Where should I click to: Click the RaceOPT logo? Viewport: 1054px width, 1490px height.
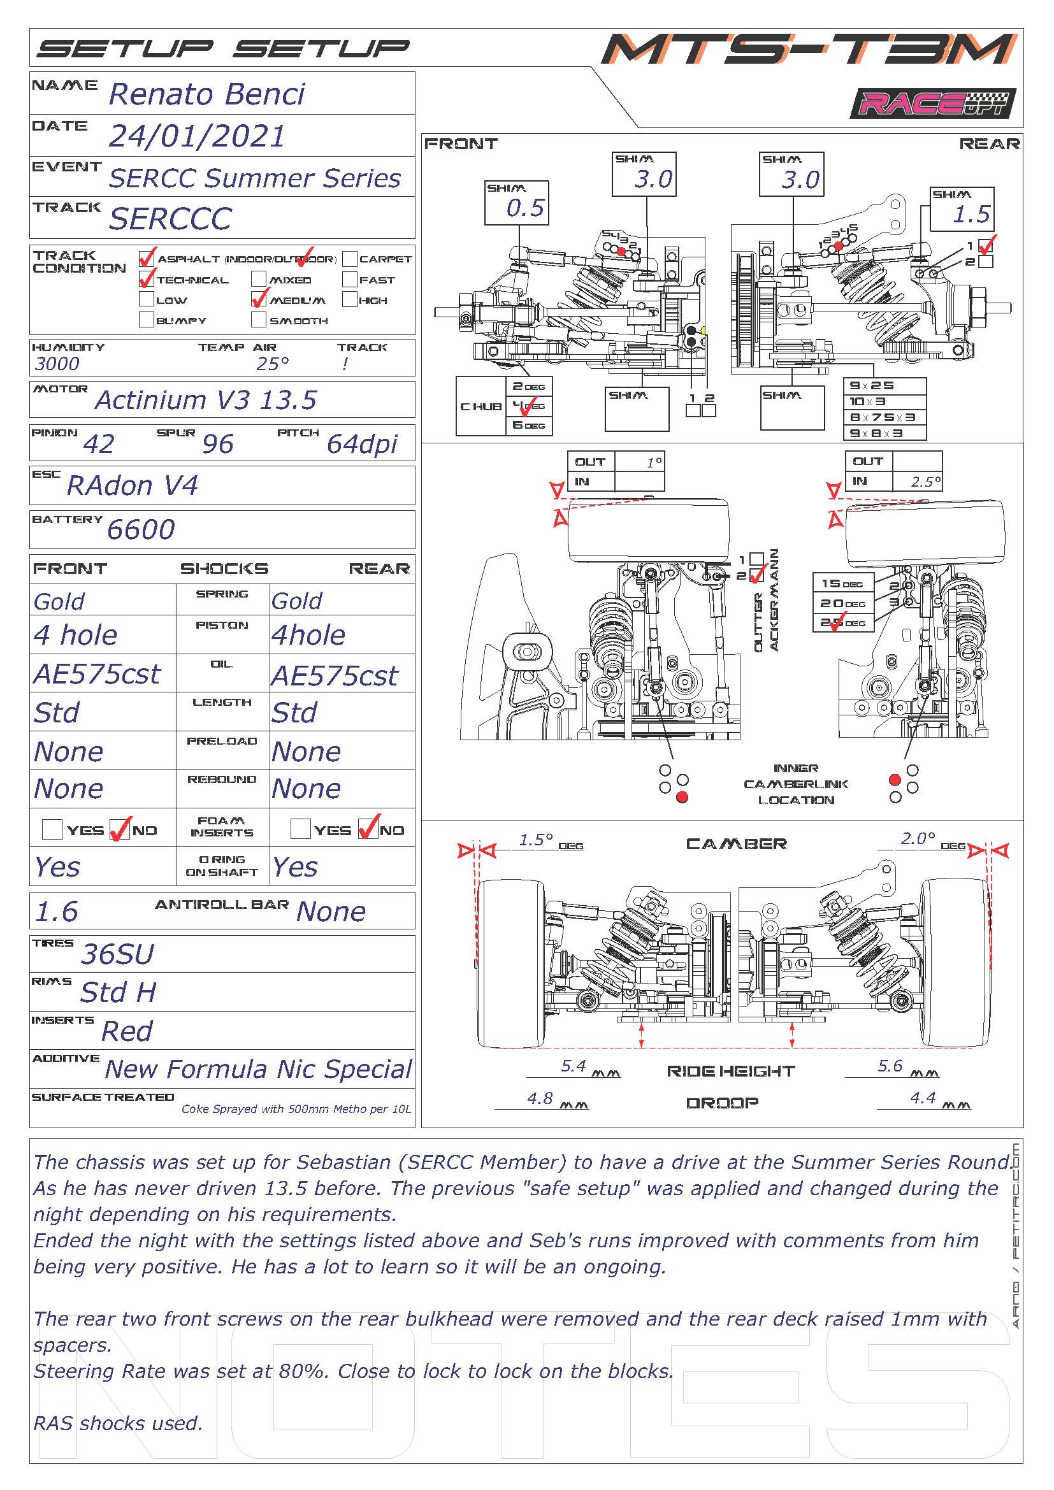tap(932, 104)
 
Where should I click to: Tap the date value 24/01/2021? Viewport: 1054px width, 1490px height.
tap(197, 136)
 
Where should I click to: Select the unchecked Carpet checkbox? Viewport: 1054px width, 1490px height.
tap(350, 259)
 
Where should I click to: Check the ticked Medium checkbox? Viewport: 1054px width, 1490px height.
tap(259, 299)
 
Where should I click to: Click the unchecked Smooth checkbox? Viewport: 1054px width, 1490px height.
tap(259, 320)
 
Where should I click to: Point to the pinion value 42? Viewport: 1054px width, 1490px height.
tap(99, 444)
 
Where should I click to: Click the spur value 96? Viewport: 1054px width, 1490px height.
tap(217, 444)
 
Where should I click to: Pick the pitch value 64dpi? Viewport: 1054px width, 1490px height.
tap(361, 444)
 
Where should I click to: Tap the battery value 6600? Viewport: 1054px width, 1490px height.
tap(141, 529)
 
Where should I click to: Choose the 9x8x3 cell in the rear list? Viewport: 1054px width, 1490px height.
tap(884, 433)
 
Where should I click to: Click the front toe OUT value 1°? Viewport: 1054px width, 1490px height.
tap(654, 462)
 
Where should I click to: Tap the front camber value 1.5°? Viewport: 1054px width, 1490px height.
tap(536, 840)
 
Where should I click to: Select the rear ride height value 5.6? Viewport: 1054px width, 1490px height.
tap(890, 1066)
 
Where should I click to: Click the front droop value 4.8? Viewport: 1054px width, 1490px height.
tap(540, 1098)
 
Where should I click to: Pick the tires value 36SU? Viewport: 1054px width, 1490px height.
tap(117, 954)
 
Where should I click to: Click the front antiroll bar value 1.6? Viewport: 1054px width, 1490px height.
tap(57, 912)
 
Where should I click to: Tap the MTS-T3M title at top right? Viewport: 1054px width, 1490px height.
tap(808, 49)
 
